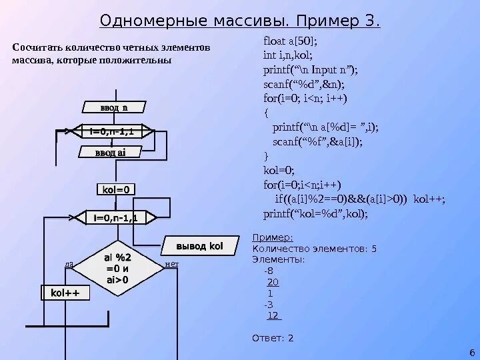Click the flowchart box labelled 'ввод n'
pyautogui.click(x=114, y=107)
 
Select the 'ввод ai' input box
pyautogui.click(x=103, y=153)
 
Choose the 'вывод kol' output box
pyautogui.click(x=199, y=246)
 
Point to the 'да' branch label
pyautogui.click(x=69, y=265)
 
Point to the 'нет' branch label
pyautogui.click(x=171, y=265)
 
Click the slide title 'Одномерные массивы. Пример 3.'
pyautogui.click(x=240, y=22)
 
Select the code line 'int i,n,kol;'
pyautogui.click(x=288, y=56)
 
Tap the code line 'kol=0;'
pyautogui.click(x=279, y=170)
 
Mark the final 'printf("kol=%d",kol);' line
pyautogui.click(x=315, y=214)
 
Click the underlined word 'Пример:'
pyautogui.click(x=272, y=237)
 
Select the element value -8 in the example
pyautogui.click(x=268, y=270)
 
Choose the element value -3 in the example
pyautogui.click(x=268, y=304)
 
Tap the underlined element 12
pyautogui.click(x=273, y=315)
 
